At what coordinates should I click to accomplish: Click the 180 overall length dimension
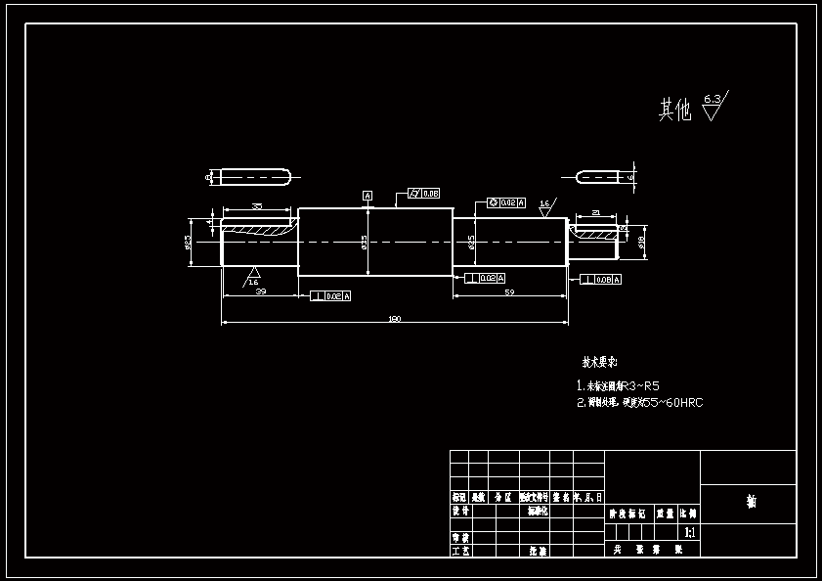point(395,319)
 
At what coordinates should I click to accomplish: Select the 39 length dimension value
point(261,291)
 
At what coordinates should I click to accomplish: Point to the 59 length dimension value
point(509,292)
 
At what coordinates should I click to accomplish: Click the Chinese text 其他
point(674,110)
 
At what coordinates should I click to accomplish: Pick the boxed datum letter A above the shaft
point(368,196)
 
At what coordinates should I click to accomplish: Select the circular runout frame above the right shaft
point(506,202)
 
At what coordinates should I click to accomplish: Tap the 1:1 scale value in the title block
point(690,533)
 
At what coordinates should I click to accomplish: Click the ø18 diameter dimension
point(642,242)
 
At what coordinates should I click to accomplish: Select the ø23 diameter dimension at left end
point(188,242)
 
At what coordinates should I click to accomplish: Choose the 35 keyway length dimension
point(257,206)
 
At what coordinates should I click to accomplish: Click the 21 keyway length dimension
point(596,212)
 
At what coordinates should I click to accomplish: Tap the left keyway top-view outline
point(254,177)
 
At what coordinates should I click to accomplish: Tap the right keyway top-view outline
point(598,177)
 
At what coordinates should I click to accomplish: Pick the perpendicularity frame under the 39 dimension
point(330,295)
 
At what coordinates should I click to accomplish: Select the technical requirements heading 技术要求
point(601,360)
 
